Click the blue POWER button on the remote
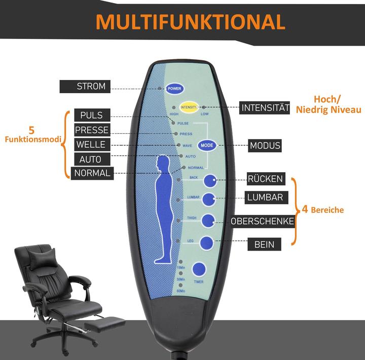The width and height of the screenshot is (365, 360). (x=174, y=88)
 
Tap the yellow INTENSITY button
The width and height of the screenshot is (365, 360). (x=188, y=107)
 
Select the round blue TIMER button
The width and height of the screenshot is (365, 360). (x=198, y=270)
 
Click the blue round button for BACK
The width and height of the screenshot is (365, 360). (x=210, y=180)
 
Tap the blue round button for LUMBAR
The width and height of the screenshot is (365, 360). (x=209, y=199)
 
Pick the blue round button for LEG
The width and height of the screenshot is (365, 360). (x=206, y=243)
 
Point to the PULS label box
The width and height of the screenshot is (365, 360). (x=91, y=115)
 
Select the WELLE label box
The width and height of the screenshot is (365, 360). (x=91, y=145)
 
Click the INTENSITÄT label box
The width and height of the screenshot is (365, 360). (x=265, y=108)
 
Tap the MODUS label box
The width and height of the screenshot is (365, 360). (x=265, y=146)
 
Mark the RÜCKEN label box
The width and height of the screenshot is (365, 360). (x=265, y=179)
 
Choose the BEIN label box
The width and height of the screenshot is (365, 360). (x=264, y=245)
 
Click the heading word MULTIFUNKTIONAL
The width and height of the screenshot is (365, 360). (x=191, y=22)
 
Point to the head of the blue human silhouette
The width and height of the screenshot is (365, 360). (x=163, y=163)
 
